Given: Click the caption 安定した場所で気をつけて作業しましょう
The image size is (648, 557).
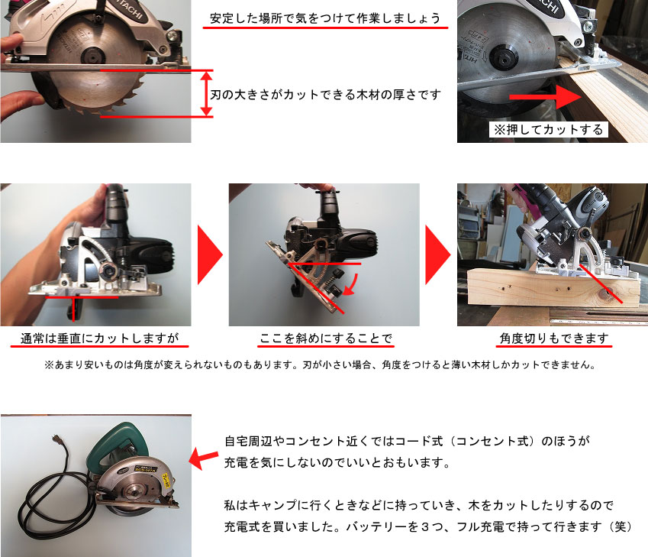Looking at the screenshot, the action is (x=325, y=18).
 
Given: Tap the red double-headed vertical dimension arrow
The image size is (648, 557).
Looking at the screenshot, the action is (x=207, y=93).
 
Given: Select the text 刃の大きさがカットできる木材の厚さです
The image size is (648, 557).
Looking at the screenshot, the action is (x=326, y=95).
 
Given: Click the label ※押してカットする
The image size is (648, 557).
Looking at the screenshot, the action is (x=549, y=130).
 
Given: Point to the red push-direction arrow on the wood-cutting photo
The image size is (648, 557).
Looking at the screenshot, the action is (x=545, y=97).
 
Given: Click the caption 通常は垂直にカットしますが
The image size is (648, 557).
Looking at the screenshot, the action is (x=99, y=338).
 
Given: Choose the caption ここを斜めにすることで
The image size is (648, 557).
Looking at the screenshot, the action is (x=325, y=338).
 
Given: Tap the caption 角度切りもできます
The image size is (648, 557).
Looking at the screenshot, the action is (x=554, y=338).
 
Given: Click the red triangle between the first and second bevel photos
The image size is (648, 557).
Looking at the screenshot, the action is (x=210, y=255).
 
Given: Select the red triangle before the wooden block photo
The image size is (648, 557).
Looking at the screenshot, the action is (x=438, y=255).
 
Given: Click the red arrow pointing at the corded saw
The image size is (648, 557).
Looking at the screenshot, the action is (x=203, y=459).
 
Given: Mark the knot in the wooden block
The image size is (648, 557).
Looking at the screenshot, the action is (x=605, y=293).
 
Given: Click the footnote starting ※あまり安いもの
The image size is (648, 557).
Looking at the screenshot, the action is (x=320, y=365).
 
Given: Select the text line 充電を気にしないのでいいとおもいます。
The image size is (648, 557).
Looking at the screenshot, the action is (x=337, y=462).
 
